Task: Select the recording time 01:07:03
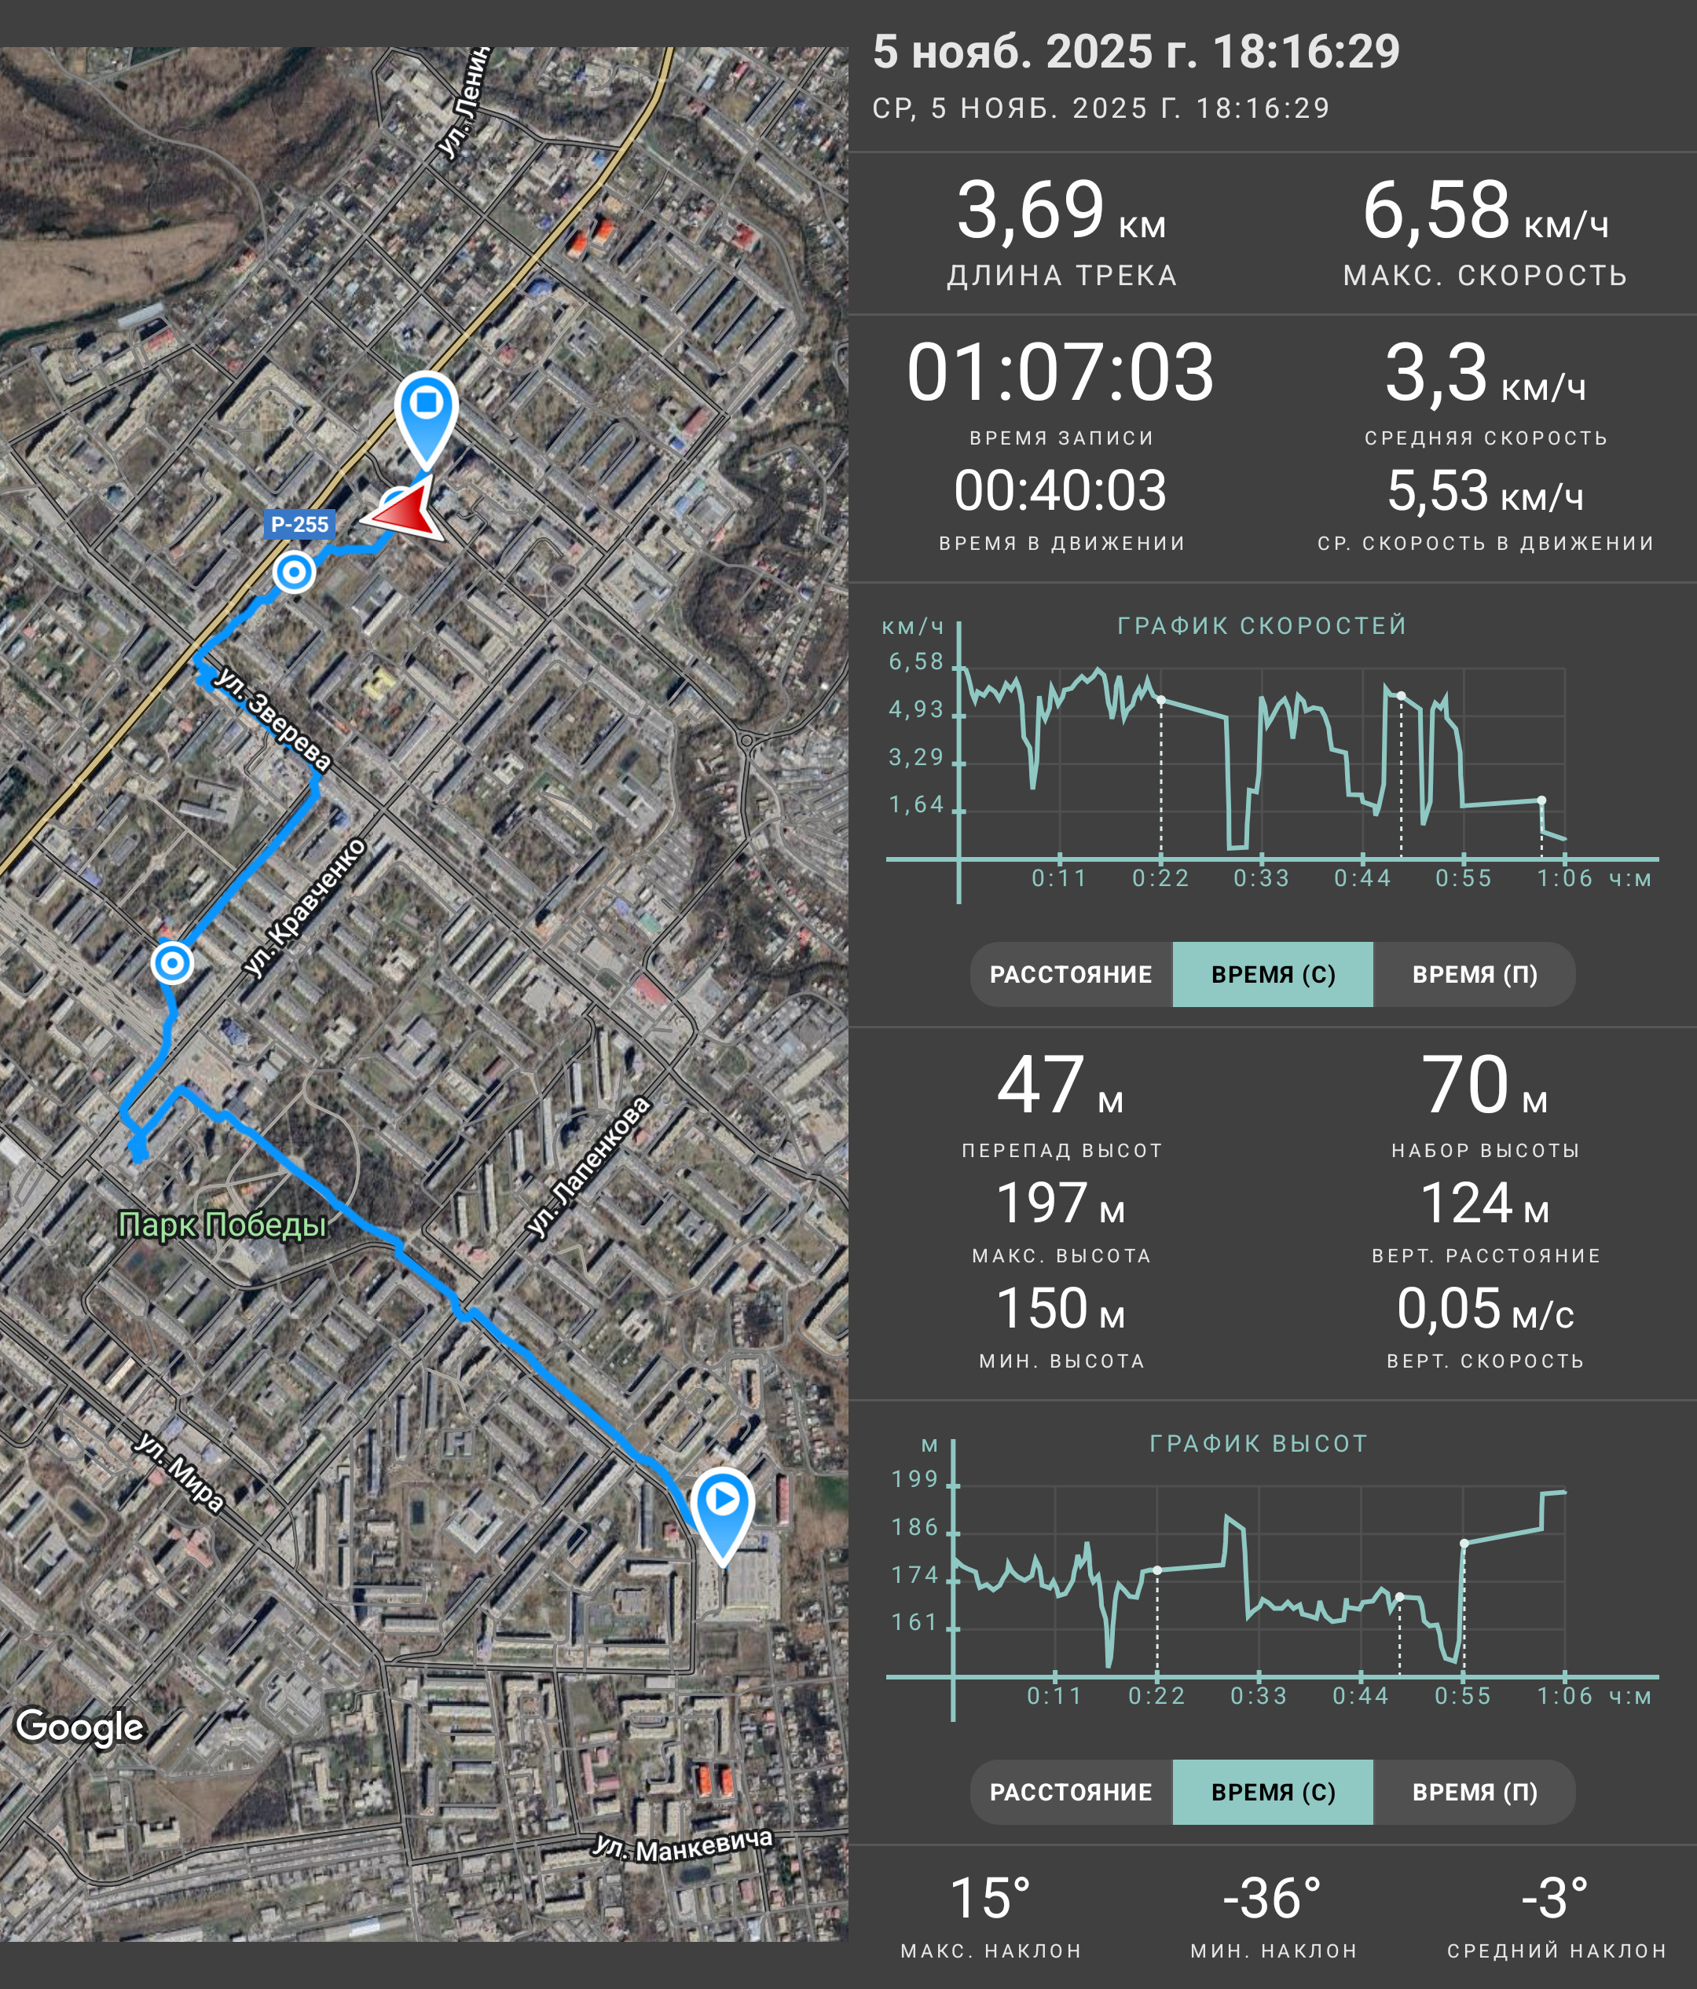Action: (1061, 372)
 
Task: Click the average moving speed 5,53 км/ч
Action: (1485, 492)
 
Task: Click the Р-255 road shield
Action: (299, 524)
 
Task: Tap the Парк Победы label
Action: (222, 1226)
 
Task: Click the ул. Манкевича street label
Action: (683, 1844)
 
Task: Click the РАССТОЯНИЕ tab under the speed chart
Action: (1071, 974)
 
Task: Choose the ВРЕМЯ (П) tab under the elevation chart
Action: (1475, 1792)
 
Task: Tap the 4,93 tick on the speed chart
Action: (916, 709)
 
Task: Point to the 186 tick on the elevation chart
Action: (914, 1527)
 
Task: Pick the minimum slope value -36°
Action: (1272, 1898)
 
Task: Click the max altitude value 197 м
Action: (1061, 1203)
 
